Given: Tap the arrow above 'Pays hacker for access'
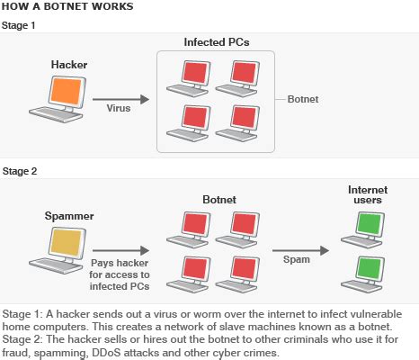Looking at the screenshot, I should [x=122, y=252].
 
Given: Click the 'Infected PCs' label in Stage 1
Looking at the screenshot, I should [x=216, y=42].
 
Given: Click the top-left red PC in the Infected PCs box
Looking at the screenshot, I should [x=191, y=76].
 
